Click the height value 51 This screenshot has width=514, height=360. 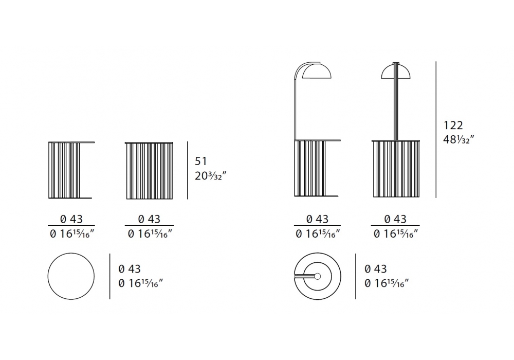[x=201, y=161]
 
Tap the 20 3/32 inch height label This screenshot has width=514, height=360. [x=210, y=176]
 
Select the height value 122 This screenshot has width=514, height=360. [x=453, y=125]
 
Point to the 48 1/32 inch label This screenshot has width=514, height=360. [x=458, y=140]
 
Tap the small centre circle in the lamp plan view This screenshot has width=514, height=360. [x=317, y=276]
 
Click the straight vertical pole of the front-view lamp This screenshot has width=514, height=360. [x=396, y=102]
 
